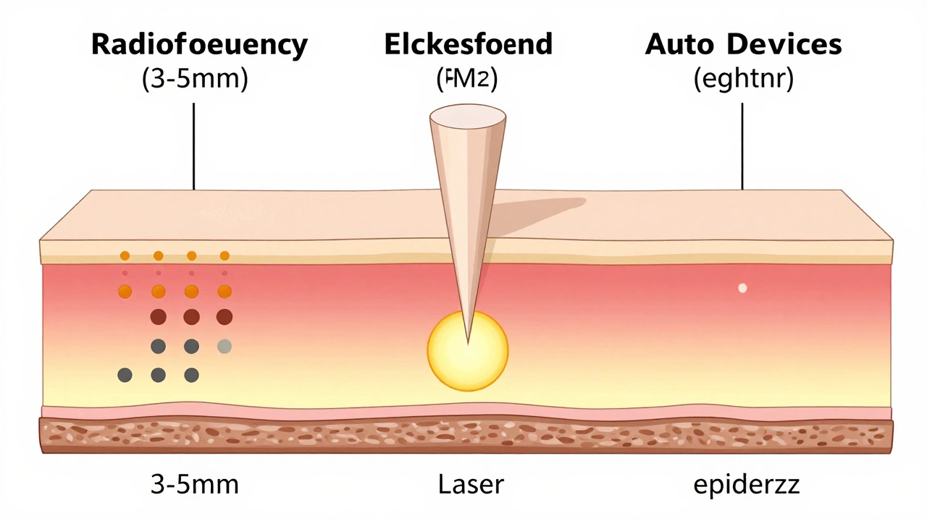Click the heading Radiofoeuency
click(x=199, y=45)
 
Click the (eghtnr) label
click(x=743, y=79)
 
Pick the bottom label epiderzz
click(x=747, y=484)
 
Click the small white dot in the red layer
click(x=742, y=288)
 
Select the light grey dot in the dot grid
click(x=225, y=347)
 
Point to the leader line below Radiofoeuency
click(x=194, y=145)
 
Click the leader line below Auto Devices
click(x=743, y=145)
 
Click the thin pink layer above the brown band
click(x=290, y=412)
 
